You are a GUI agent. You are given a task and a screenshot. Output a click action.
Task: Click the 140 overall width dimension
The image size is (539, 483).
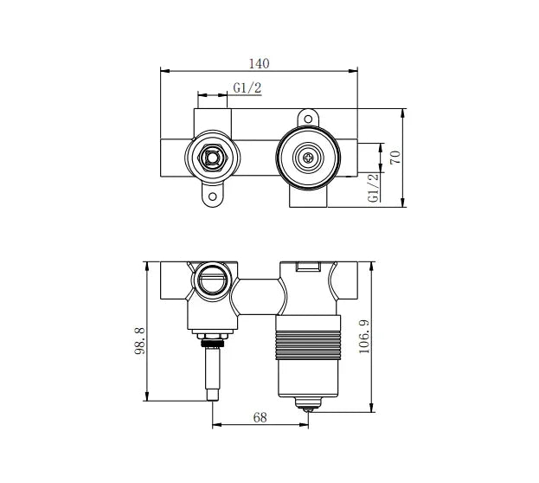point(260,62)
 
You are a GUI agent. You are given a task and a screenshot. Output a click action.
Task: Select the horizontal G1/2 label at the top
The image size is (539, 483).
point(247,87)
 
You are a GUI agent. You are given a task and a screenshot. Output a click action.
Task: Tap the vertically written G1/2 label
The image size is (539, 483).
point(374,187)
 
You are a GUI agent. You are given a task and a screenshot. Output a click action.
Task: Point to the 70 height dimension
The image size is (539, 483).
point(396,158)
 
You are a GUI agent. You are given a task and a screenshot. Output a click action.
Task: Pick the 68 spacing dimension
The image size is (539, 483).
point(260,416)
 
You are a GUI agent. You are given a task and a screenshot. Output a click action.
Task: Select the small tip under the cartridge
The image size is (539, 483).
point(309,403)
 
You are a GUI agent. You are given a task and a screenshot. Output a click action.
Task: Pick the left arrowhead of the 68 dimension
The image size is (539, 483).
point(216,424)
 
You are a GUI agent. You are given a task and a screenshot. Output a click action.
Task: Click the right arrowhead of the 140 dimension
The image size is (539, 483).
point(355,70)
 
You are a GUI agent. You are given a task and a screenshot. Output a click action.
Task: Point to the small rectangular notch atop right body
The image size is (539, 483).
point(308,267)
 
